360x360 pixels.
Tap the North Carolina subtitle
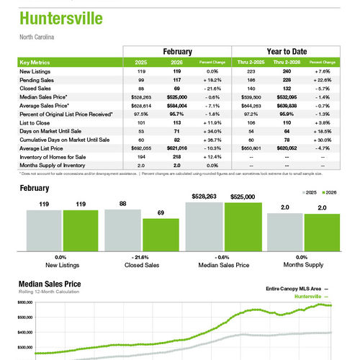[x=37, y=36]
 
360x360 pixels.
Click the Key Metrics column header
[x=36, y=63]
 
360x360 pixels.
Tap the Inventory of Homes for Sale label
[x=51, y=156]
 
